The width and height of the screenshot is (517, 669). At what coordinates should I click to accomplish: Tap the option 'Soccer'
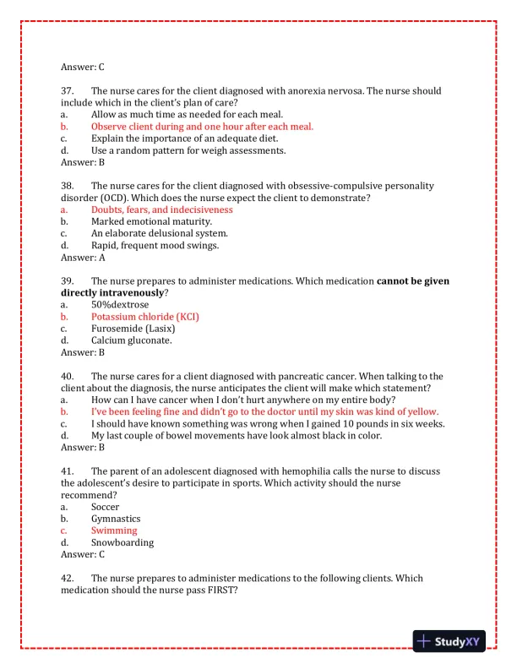(106, 506)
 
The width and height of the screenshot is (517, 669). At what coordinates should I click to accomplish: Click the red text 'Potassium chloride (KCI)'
(145, 316)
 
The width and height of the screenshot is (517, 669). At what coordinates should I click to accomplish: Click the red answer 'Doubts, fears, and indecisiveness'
(161, 209)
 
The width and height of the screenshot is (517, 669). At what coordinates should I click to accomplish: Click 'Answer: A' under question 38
(83, 257)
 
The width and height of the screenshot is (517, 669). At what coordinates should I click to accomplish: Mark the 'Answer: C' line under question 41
(83, 554)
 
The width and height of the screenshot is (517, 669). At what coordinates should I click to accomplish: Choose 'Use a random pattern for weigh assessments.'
(188, 150)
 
